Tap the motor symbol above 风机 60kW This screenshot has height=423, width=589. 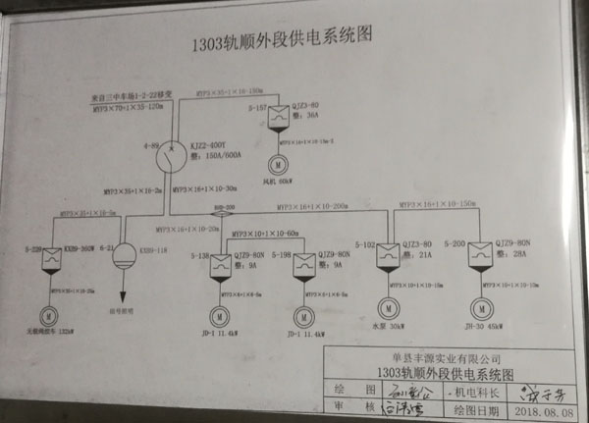(x=279, y=162)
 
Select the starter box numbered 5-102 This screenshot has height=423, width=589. (x=391, y=252)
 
